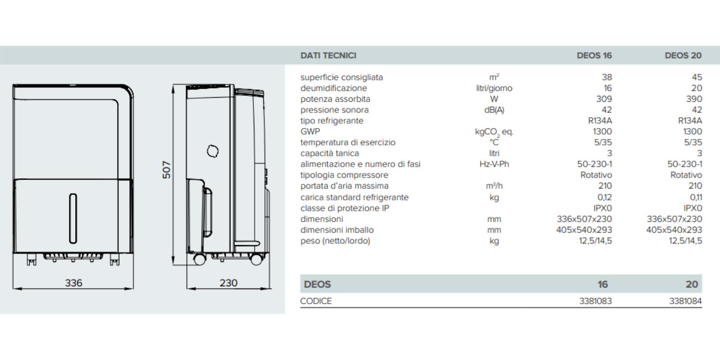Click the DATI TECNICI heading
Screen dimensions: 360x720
click(328, 55)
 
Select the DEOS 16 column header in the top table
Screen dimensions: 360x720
click(594, 55)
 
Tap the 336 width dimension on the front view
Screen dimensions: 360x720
click(73, 283)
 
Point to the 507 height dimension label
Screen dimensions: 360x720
click(166, 170)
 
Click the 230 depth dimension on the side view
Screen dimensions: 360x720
click(228, 283)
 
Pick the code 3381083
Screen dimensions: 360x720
click(595, 301)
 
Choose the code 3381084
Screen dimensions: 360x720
click(685, 301)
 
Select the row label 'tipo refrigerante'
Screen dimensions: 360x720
click(332, 121)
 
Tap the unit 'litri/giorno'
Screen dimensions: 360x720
click(494, 88)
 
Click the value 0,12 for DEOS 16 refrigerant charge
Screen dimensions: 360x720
click(604, 197)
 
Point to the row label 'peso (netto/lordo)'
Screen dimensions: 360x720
click(335, 241)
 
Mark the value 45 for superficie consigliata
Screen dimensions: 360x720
click(697, 77)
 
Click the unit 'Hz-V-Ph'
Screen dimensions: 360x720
click(494, 164)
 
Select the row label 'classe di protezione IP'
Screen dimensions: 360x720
click(345, 208)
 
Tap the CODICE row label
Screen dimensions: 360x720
click(316, 301)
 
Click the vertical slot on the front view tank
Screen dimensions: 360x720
click(73, 219)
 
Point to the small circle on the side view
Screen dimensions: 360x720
click(213, 151)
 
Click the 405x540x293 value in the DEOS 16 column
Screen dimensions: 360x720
click(584, 230)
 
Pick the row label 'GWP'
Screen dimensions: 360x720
click(310, 131)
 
